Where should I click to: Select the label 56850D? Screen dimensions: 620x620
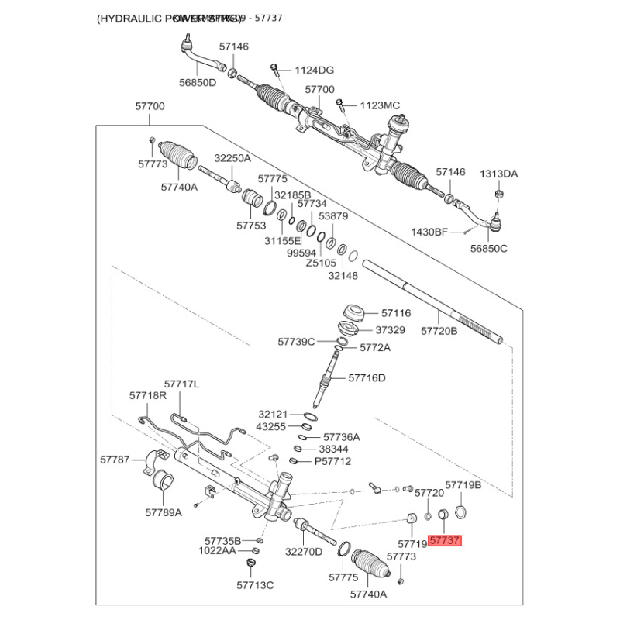click(198, 83)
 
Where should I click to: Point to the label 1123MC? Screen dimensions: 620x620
click(380, 105)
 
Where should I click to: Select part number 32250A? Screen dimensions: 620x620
click(233, 157)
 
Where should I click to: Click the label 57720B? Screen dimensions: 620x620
click(439, 331)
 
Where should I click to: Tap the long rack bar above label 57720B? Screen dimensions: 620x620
click(434, 302)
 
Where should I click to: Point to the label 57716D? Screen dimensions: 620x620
click(367, 378)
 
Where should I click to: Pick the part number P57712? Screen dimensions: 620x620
click(332, 461)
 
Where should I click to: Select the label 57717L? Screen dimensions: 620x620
click(181, 384)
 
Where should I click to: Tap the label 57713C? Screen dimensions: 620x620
click(255, 584)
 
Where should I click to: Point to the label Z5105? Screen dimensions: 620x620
click(322, 263)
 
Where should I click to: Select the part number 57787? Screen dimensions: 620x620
click(115, 460)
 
